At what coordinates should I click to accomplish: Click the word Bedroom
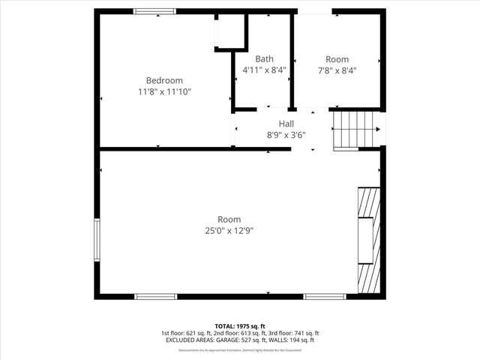(164, 80)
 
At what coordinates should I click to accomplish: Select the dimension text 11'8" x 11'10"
(164, 91)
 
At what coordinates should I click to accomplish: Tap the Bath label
(264, 58)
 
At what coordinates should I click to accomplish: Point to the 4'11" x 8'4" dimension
(264, 70)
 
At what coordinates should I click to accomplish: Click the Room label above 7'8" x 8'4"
(337, 59)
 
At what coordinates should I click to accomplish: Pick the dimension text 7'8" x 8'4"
(337, 70)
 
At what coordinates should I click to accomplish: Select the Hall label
(286, 124)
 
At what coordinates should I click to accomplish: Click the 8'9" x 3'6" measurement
(286, 135)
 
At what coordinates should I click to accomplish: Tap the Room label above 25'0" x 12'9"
(229, 219)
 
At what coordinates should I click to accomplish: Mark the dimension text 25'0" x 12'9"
(229, 230)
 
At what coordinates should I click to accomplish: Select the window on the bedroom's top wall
(154, 11)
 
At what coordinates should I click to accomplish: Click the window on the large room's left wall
(96, 241)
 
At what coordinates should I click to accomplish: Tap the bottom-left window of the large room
(155, 296)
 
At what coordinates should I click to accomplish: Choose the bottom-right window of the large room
(324, 296)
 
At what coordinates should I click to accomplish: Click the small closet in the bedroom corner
(231, 31)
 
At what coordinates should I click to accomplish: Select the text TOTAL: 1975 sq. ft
(240, 326)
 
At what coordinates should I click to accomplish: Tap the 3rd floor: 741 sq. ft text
(296, 333)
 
